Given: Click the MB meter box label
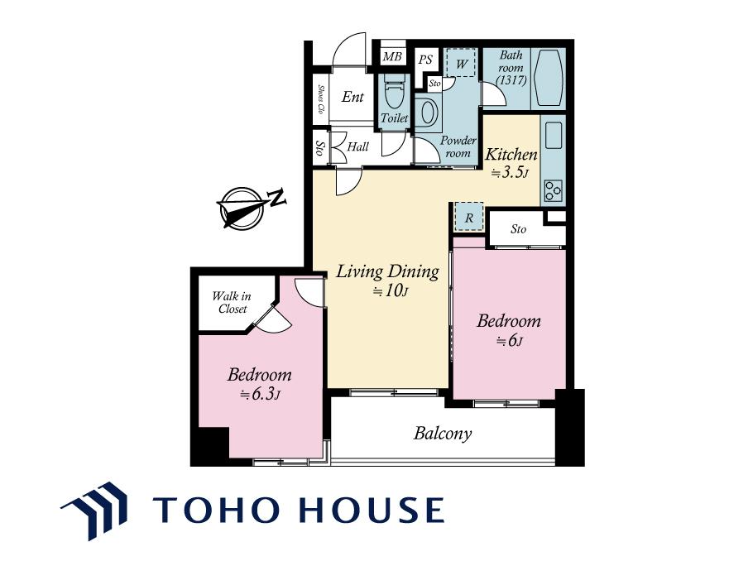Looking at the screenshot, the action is point(392,57).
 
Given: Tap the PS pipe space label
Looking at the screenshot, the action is point(425,60).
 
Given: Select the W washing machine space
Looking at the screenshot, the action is point(462,62).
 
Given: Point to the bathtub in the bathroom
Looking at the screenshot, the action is point(548,78).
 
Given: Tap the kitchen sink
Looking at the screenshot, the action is point(554,135).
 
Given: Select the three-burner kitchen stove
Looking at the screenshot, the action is point(554,190).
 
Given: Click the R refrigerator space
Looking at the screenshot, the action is point(469,218).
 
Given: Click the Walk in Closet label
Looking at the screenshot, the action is point(232,303).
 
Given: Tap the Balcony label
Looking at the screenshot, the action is point(443,434).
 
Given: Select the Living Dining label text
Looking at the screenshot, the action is point(387,271).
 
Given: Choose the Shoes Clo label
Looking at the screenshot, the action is point(321,99).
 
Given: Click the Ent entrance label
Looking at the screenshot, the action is point(352,97).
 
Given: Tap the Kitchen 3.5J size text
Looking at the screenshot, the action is point(510,172).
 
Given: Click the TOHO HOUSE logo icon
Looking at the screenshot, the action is point(94,511).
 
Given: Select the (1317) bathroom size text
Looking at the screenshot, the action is point(511,80).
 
